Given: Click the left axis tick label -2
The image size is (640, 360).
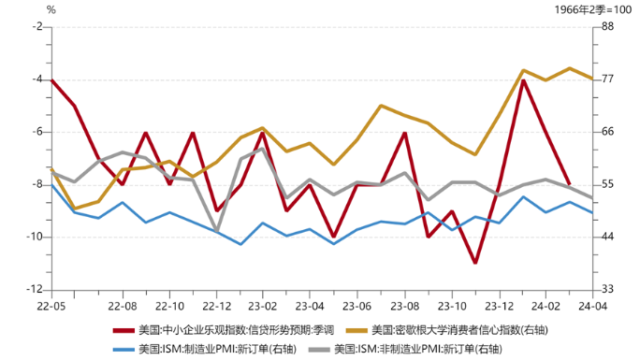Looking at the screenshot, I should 37,27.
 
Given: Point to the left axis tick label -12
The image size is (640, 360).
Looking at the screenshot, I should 36,290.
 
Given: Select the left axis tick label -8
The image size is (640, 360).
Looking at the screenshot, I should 37,184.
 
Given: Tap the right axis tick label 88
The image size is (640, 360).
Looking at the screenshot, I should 606,27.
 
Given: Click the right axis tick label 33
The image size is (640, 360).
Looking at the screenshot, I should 606,290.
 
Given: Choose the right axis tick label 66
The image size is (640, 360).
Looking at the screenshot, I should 606,132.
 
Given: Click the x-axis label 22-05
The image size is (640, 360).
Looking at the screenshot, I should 51,306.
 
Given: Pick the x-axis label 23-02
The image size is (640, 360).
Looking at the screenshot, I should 263,306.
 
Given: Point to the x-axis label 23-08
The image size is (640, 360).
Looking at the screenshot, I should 404,306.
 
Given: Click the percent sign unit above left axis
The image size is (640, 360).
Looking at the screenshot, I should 51,9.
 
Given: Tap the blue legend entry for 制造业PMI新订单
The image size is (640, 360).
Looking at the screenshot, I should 202,348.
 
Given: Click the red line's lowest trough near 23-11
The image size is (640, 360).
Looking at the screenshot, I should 475,263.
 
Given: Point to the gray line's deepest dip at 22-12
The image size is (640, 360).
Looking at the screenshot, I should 216,231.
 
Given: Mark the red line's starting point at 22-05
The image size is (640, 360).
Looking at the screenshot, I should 51,79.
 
